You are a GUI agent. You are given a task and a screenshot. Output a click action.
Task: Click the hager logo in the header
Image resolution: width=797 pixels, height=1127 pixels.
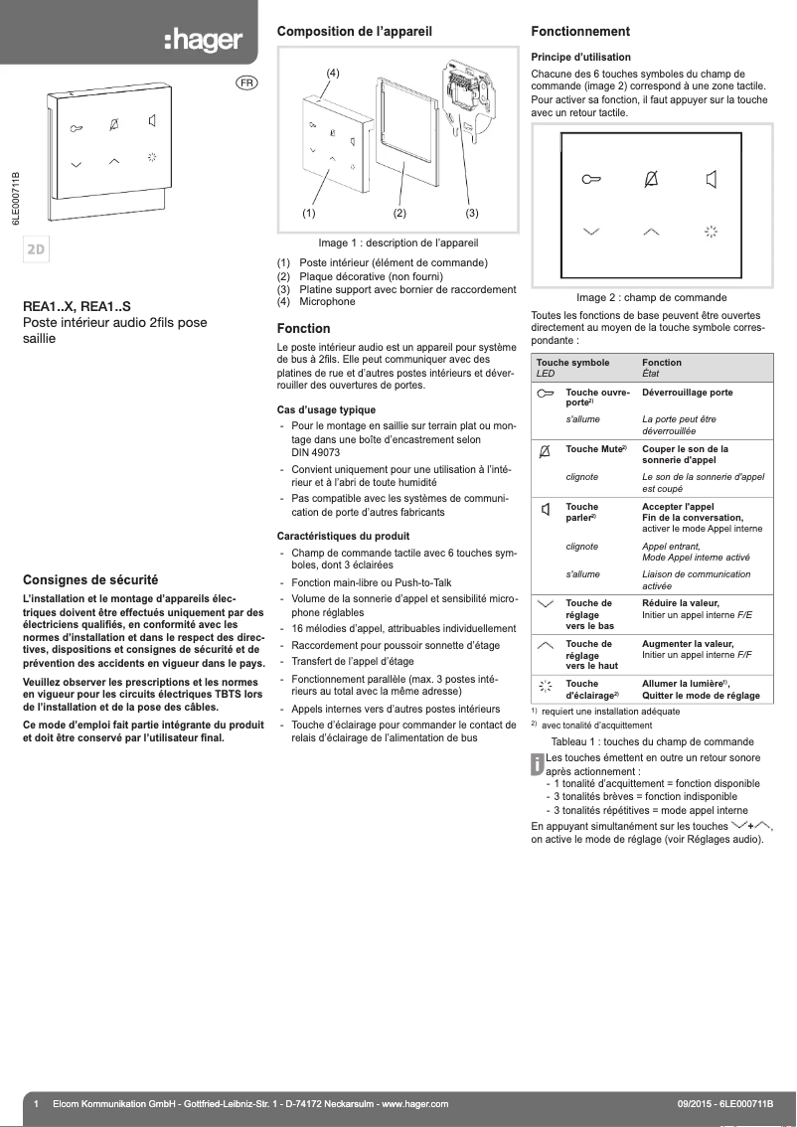(203, 41)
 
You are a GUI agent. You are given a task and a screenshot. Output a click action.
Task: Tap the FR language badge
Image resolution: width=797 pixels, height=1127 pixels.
(244, 82)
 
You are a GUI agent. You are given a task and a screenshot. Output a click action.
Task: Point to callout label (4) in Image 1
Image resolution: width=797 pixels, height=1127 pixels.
(334, 74)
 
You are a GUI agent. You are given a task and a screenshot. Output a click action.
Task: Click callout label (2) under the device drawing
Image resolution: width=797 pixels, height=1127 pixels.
(399, 213)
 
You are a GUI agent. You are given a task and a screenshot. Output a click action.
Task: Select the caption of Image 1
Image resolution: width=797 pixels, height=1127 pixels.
(398, 242)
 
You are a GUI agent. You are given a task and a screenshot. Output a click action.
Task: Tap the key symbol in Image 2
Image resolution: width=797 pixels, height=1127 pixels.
(591, 180)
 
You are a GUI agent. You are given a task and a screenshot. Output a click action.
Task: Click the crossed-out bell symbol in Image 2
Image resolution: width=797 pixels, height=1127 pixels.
(651, 179)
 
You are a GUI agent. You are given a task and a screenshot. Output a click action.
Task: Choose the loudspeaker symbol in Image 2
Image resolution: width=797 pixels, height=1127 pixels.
(711, 180)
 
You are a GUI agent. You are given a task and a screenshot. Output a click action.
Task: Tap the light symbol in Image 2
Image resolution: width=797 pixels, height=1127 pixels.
(711, 232)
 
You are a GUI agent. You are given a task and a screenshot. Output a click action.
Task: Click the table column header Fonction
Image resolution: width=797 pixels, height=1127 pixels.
(662, 363)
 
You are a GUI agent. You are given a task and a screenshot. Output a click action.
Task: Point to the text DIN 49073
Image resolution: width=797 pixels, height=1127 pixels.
(316, 451)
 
